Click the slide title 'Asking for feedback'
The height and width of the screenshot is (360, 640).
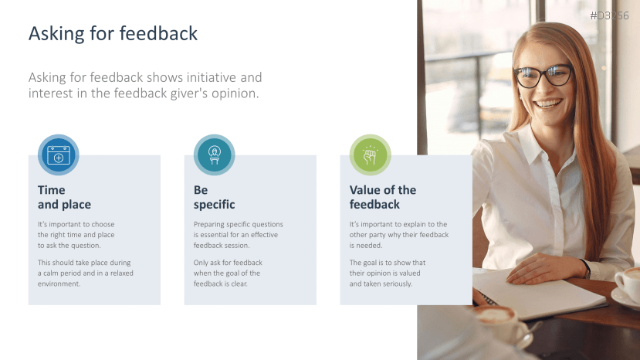coord(113,34)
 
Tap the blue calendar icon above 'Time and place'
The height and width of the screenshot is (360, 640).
coord(59,155)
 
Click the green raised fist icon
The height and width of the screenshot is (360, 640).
coord(370,155)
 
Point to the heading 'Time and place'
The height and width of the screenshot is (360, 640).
coord(64,197)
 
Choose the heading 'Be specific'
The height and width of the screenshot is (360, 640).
coord(214,197)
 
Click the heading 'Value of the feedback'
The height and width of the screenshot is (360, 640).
coord(382,197)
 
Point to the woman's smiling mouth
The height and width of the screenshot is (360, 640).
coord(549,103)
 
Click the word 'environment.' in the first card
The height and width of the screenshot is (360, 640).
coord(59,284)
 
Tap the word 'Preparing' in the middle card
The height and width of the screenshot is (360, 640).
coord(209,224)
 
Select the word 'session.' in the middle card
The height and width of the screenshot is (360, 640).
coord(235,245)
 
